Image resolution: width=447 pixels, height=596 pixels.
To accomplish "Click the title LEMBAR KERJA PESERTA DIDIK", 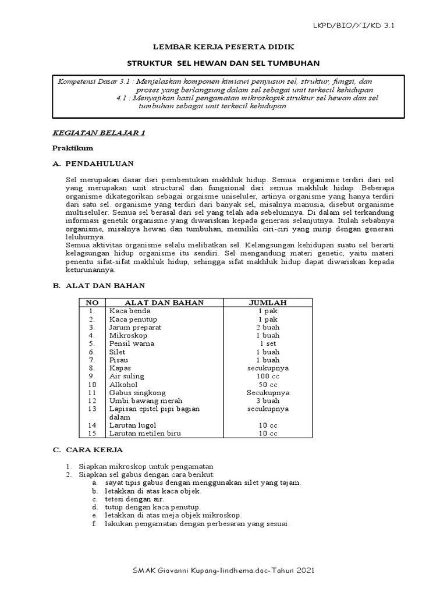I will pyautogui.click(x=223, y=45).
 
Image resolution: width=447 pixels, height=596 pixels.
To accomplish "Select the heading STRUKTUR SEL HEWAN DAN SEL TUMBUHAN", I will pyautogui.click(x=223, y=62).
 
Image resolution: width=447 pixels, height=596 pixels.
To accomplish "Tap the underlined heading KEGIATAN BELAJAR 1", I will pyautogui.click(x=99, y=133).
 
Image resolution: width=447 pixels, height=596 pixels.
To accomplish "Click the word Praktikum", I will pyautogui.click(x=72, y=148).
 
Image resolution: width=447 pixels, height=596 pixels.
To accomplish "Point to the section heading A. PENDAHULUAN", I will pyautogui.click(x=93, y=164).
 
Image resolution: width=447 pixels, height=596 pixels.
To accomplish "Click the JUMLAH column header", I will pyautogui.click(x=268, y=303).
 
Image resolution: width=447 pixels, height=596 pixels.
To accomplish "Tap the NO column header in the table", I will pyautogui.click(x=92, y=303).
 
